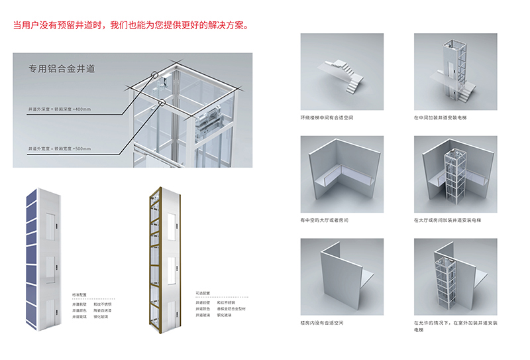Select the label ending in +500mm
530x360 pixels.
tap(62, 147)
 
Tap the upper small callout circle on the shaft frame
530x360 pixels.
tap(156, 76)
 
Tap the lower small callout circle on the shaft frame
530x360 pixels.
tap(163, 103)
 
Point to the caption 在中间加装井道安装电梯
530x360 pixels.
tap(440, 117)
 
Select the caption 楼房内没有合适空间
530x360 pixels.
tap(322, 323)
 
